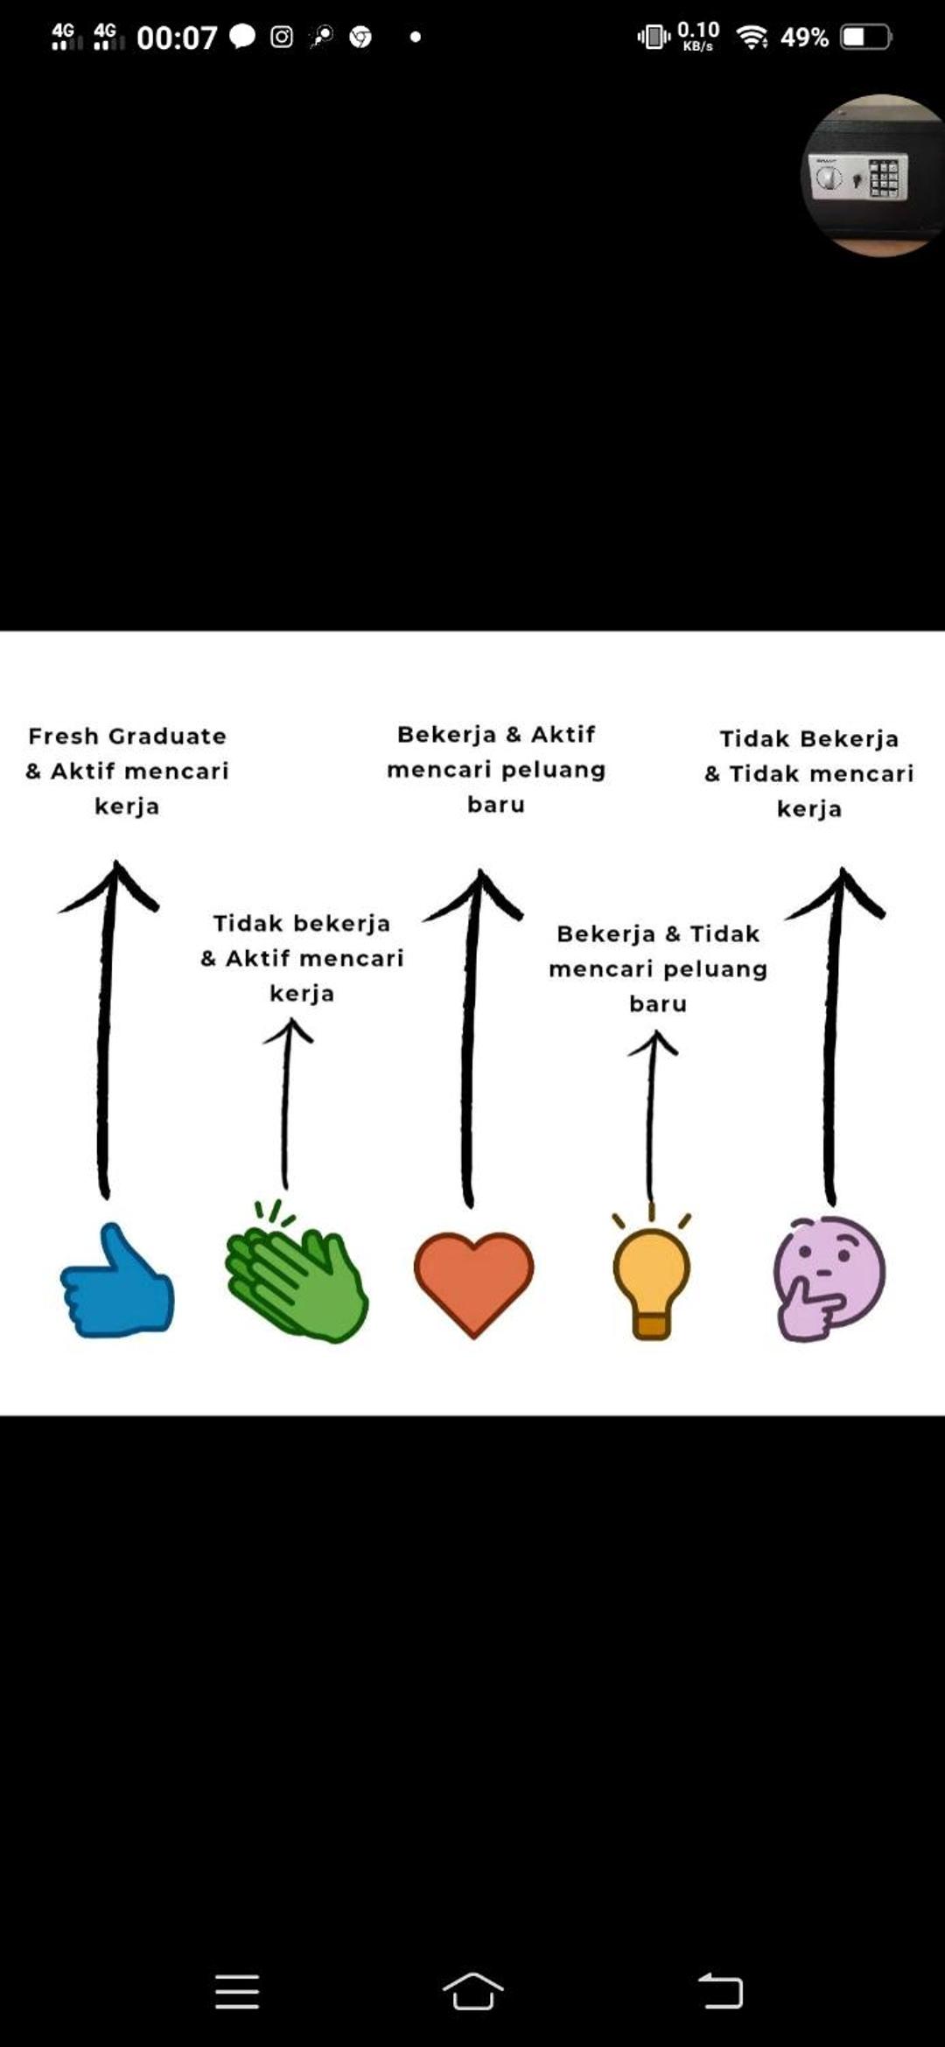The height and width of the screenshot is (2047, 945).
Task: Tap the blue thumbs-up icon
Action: [117, 1282]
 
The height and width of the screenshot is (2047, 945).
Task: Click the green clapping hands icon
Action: [296, 1272]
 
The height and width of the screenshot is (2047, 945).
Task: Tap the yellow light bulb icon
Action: [652, 1276]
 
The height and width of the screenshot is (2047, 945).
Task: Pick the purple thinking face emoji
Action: [829, 1278]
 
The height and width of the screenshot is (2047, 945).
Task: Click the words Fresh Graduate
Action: [127, 737]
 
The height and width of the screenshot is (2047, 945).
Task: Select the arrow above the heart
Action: [471, 1038]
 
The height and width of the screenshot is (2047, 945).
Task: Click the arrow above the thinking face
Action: [833, 1037]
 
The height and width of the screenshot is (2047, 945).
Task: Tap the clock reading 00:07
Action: [177, 38]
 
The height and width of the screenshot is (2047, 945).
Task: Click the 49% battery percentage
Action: [804, 38]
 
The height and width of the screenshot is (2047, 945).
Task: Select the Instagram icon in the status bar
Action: [282, 37]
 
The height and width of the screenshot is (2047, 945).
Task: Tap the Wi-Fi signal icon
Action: [752, 37]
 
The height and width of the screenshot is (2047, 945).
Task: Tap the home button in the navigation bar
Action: [472, 1992]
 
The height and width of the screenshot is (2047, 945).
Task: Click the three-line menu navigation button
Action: [237, 1992]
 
